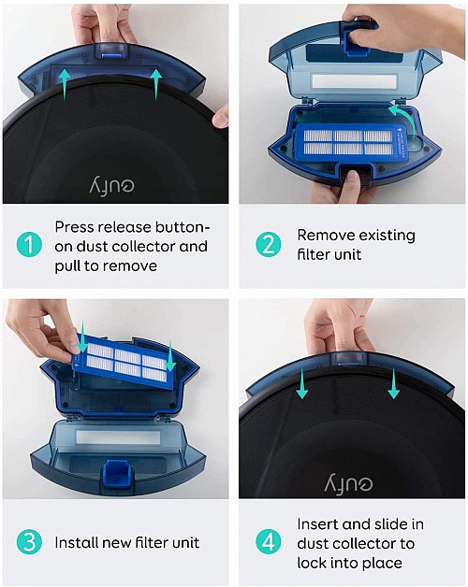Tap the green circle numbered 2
coord(269,246)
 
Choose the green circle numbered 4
coord(269,542)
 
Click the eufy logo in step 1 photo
coord(112,184)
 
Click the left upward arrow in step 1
coord(65,82)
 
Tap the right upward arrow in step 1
coord(155,82)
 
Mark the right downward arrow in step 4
coord(393,382)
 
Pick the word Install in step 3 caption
coord(77,542)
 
